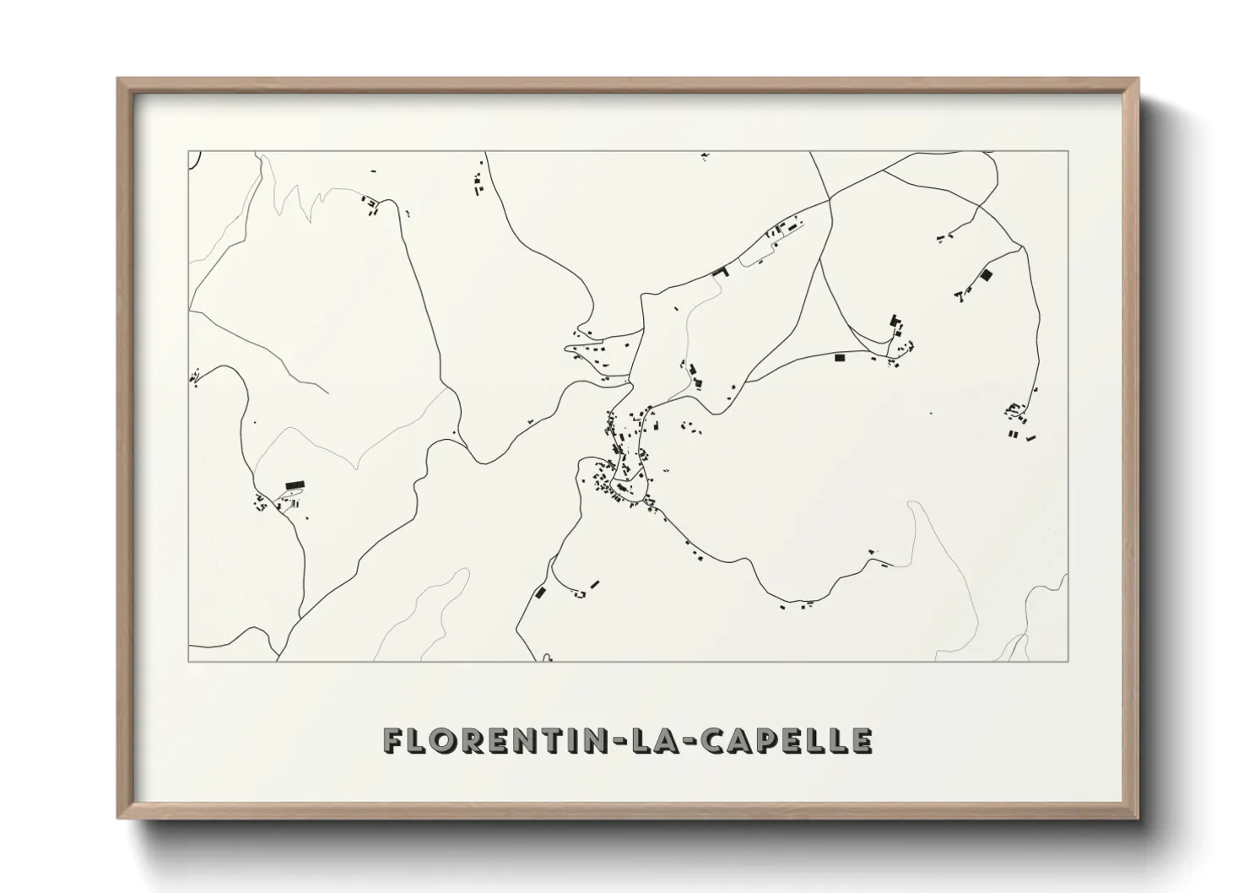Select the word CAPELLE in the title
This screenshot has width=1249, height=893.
[788, 740]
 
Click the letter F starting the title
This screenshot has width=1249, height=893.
[393, 740]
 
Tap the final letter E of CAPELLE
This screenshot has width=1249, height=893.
[862, 740]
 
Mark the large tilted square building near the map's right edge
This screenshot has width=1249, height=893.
[985, 274]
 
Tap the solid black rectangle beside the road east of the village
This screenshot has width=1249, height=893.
[840, 358]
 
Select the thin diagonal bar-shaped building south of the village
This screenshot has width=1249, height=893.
[595, 583]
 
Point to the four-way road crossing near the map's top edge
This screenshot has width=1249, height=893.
[830, 201]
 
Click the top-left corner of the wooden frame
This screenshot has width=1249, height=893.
[118, 79]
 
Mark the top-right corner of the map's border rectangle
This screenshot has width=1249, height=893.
[1068, 151]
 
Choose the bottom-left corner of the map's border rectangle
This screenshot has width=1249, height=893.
[188, 661]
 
